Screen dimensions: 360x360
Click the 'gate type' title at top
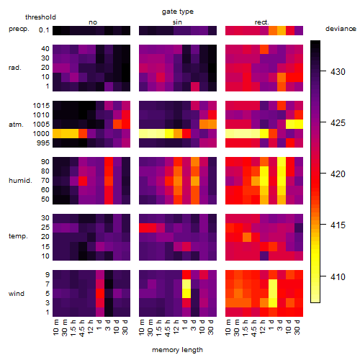178,12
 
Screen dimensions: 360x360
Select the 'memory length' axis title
177,350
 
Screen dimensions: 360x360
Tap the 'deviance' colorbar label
341,29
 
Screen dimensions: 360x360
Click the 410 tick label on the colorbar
338,276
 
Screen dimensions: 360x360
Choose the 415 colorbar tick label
338,225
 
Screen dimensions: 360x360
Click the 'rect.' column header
262,22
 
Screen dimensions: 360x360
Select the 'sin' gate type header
177,22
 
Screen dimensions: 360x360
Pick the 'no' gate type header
93,22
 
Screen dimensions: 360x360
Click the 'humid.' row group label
20,181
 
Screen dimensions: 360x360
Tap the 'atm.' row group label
16,125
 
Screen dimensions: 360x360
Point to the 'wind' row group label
17,294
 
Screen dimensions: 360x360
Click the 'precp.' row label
19,29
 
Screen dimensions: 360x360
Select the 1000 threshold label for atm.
41,134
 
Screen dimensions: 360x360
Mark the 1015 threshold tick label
41,106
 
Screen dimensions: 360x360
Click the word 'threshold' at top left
40,17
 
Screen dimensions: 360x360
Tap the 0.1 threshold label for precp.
44,30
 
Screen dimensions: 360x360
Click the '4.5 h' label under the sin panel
168,328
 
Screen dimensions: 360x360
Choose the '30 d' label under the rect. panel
297,327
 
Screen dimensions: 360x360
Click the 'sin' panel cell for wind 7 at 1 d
186,284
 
